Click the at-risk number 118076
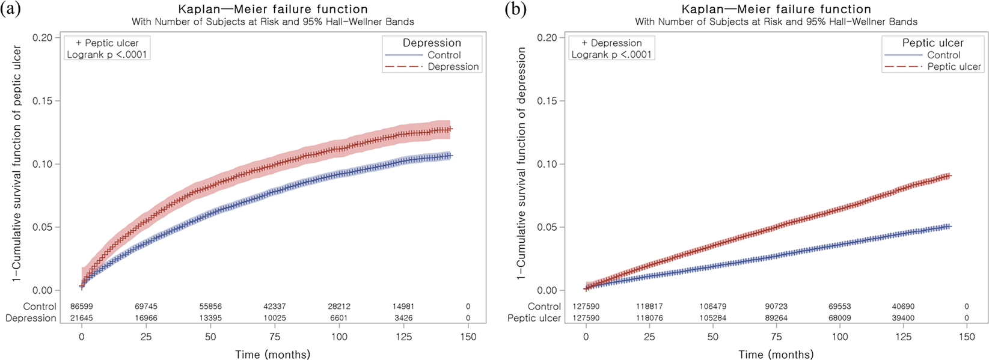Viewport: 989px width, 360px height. pos(650,318)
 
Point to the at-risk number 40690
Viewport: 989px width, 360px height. pos(904,307)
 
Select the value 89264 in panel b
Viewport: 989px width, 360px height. pos(777,318)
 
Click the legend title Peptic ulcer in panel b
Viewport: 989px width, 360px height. pos(932,43)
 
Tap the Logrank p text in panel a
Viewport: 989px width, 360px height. pos(107,55)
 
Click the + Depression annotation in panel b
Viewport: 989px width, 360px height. pos(611,43)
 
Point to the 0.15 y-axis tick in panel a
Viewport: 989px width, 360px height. pos(42,101)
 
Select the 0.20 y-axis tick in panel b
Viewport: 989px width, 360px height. pos(547,37)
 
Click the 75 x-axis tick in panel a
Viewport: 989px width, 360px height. pos(275,337)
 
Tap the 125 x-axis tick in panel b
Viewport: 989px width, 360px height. pos(904,337)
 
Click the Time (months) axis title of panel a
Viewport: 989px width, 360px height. pos(272,354)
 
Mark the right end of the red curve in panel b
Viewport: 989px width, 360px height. pos(950,175)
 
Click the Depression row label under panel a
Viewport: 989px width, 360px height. pos(31,318)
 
